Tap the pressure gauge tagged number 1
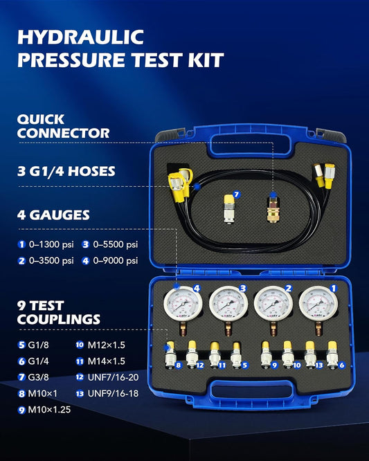click(318, 305)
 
